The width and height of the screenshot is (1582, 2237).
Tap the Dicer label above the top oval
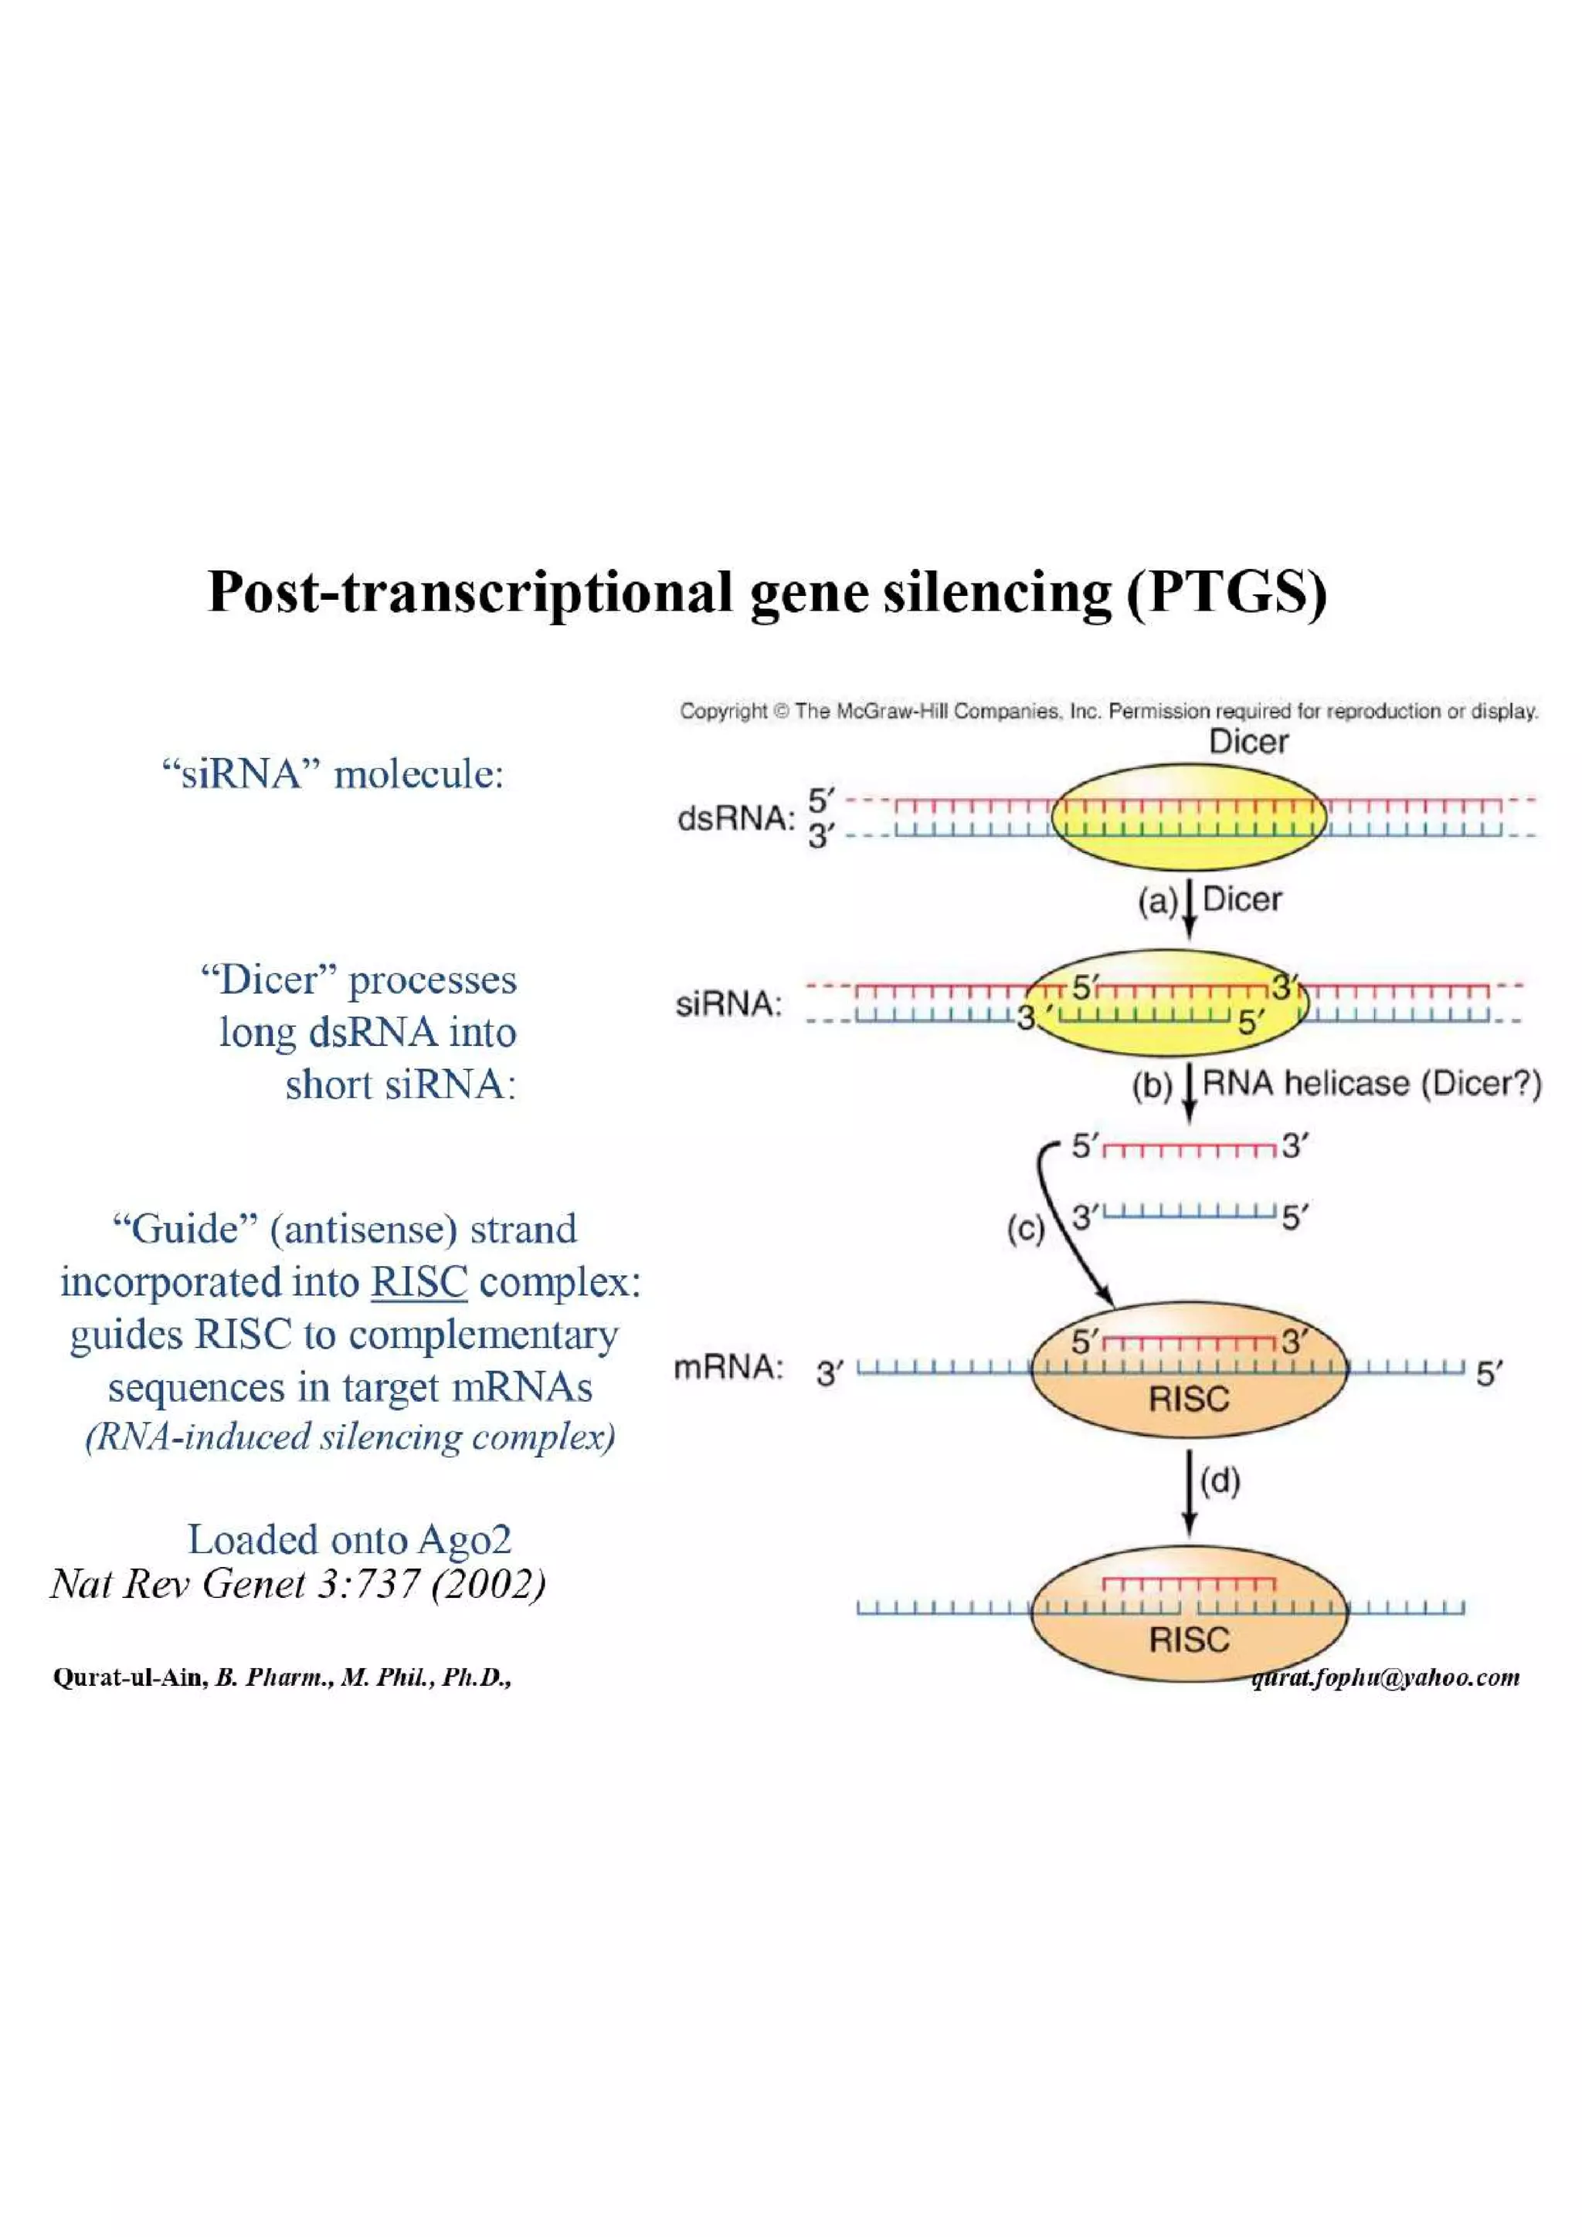pos(1248,742)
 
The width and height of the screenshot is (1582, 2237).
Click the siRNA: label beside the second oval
pos(728,1003)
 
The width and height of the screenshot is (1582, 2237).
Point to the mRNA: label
pos(728,1368)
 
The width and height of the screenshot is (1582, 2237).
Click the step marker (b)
pos(1151,1085)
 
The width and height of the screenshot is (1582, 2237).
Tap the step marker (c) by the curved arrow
pos(1024,1230)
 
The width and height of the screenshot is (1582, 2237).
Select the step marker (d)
pos(1220,1481)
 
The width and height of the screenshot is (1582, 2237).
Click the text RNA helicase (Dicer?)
pos(1371,1084)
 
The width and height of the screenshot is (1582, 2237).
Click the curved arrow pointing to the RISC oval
pos(1062,1227)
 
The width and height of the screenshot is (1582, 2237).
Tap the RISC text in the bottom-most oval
pos(1188,1640)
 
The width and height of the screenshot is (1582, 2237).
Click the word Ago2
pos(464,1539)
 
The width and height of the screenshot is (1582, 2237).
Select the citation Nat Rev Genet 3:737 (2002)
pos(297,1584)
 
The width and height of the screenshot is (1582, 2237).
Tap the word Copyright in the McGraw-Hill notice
pos(723,711)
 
